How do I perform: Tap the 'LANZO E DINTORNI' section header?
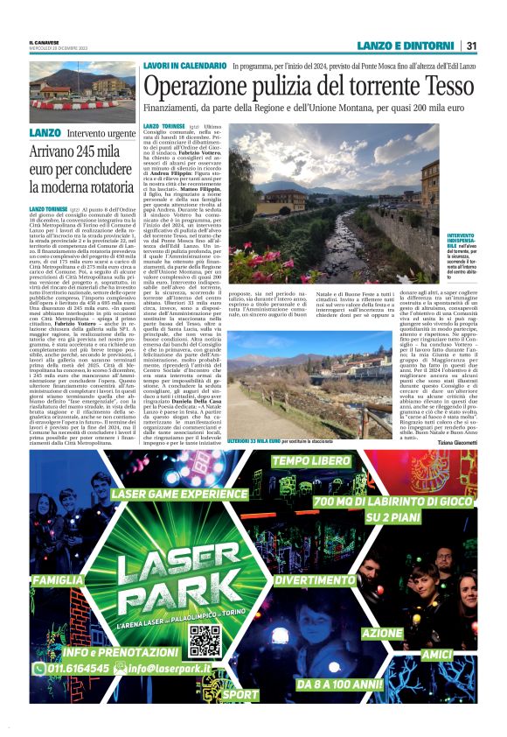(x=406, y=46)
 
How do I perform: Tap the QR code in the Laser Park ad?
(x=204, y=641)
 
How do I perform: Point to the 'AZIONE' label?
(x=382, y=632)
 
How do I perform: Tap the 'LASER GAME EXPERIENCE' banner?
(x=179, y=493)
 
